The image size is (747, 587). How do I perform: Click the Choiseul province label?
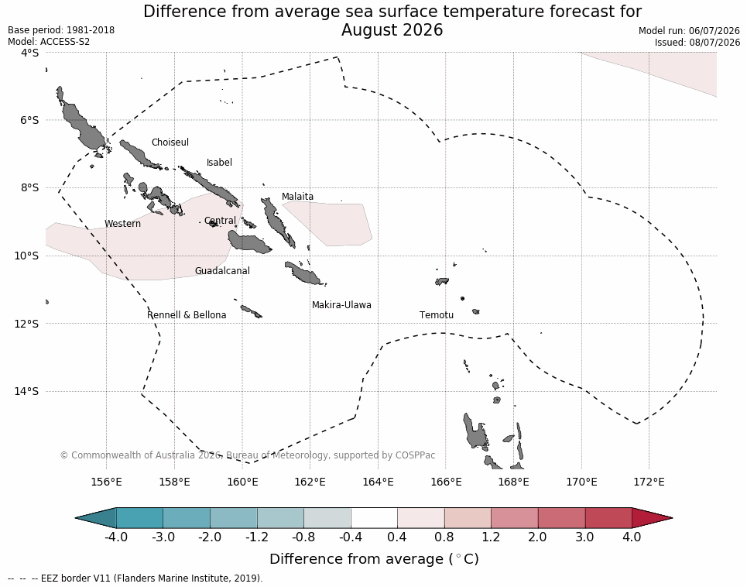coord(170,142)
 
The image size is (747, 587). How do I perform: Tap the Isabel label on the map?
coord(219,163)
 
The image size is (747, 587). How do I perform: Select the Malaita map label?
coord(297,196)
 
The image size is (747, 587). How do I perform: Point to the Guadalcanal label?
coord(222,270)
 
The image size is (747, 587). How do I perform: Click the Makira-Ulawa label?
coord(341,305)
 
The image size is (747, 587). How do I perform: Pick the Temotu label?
coord(437,315)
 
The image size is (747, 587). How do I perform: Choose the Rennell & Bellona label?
coord(187,315)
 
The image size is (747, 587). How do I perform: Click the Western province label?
coord(122,224)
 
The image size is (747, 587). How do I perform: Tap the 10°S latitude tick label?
coord(26,256)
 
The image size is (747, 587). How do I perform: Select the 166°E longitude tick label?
coord(447,482)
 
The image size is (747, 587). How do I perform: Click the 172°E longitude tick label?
coord(649,482)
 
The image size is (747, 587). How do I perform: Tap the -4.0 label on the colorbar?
coord(116,537)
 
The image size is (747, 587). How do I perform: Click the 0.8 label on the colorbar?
coord(444,537)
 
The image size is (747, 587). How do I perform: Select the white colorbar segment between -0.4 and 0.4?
coord(374,518)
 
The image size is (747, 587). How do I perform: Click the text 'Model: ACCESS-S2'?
coord(49,42)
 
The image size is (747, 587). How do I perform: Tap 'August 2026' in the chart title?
coord(392,30)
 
